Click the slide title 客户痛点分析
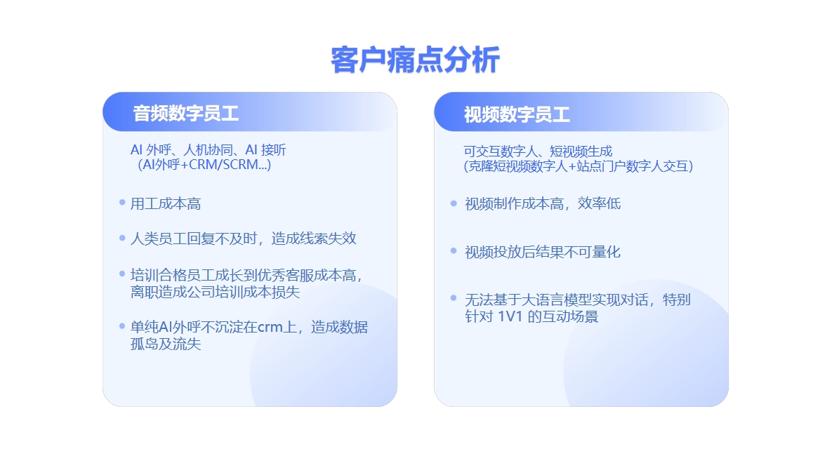[415, 60]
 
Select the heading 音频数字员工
[185, 114]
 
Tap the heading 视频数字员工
[517, 114]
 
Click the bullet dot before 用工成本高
[122, 203]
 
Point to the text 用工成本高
[166, 204]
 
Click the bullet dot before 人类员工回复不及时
[122, 238]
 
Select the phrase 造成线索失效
[314, 239]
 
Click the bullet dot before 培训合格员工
[122, 274]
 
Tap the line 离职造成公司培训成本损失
[216, 292]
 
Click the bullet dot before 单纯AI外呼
[122, 326]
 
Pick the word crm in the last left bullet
[270, 328]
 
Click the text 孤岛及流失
[166, 344]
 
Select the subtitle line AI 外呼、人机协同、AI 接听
[209, 150]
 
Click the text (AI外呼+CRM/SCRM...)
[204, 165]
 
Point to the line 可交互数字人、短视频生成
[538, 152]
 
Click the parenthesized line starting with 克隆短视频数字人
[578, 166]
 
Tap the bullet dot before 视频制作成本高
[454, 203]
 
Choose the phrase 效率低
[599, 204]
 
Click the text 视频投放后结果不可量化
[543, 253]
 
